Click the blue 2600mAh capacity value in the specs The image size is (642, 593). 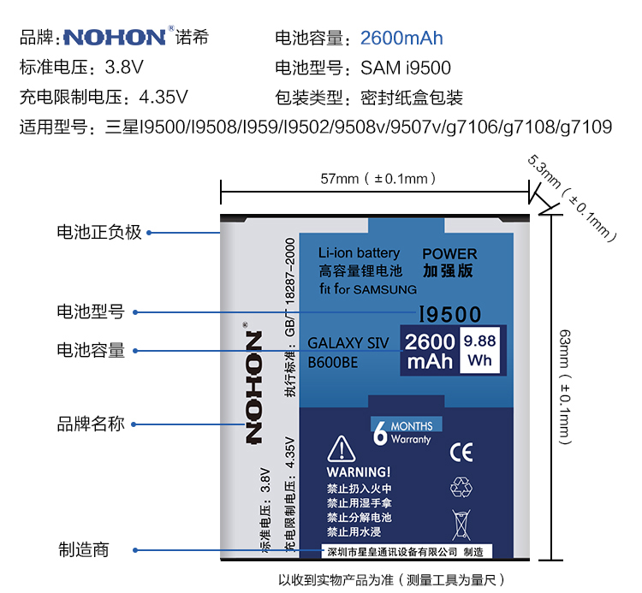(401, 38)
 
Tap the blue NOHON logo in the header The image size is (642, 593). (115, 38)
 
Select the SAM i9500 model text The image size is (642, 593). (406, 68)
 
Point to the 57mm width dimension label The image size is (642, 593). (377, 179)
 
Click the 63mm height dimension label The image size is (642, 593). (566, 387)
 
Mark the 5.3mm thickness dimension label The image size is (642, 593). (572, 198)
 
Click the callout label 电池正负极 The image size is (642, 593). (99, 232)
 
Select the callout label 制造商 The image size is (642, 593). (84, 549)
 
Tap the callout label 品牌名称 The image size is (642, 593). (91, 424)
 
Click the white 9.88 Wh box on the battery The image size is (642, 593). (480, 350)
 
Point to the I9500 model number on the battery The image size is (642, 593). (449, 315)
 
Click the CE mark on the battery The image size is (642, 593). (461, 452)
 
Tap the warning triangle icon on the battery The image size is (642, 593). (341, 448)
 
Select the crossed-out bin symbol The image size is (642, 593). (461, 525)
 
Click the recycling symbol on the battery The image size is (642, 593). (461, 488)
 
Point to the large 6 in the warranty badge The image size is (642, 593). (380, 433)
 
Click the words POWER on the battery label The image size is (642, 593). (449, 254)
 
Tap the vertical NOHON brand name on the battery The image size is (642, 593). (254, 388)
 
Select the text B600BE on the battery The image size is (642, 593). (333, 363)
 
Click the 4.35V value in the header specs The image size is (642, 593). (163, 98)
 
